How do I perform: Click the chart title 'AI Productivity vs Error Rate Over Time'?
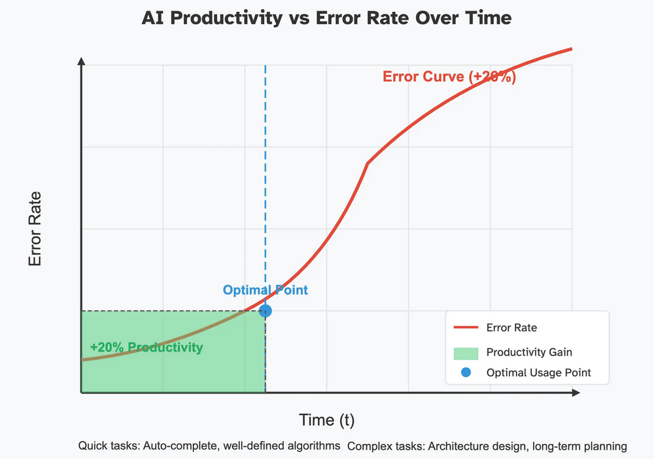(x=326, y=19)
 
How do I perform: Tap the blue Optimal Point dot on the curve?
(x=265, y=310)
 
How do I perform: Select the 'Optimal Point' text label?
(x=265, y=290)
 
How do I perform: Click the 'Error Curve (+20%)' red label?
(x=449, y=77)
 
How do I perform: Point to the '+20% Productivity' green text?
(x=146, y=347)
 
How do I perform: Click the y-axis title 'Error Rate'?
(x=35, y=228)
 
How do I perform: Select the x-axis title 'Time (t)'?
(x=326, y=419)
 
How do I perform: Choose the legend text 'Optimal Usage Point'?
(x=538, y=373)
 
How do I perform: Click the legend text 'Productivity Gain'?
(x=529, y=352)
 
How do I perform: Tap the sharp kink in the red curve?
(x=368, y=163)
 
